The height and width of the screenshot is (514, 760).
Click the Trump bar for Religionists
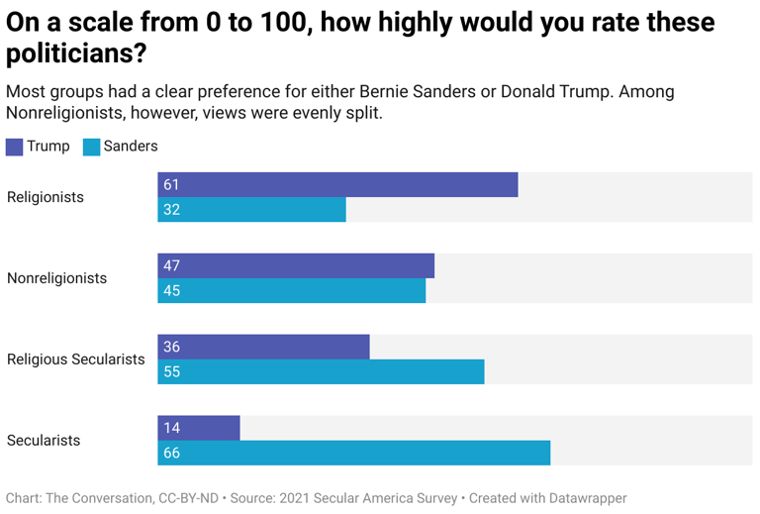click(337, 184)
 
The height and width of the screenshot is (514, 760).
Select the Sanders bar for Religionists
click(251, 209)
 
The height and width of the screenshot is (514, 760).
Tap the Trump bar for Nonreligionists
click(296, 265)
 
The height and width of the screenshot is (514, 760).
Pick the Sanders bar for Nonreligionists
click(291, 290)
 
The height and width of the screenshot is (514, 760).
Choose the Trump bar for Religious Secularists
click(263, 347)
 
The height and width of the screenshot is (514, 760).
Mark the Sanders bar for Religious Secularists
click(321, 371)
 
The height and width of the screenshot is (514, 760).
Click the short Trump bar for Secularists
click(199, 428)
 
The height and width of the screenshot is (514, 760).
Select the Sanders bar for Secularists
click(353, 453)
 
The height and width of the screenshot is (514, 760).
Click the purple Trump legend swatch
click(14, 147)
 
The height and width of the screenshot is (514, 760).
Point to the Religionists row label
click(46, 197)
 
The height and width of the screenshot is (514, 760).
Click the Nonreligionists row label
click(56, 278)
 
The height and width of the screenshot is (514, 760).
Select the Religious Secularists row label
click(76, 360)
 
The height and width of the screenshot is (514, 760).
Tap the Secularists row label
click(44, 441)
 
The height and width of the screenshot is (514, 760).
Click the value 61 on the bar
click(171, 185)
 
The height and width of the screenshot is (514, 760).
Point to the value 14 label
click(171, 429)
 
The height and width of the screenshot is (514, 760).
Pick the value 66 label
click(171, 454)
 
